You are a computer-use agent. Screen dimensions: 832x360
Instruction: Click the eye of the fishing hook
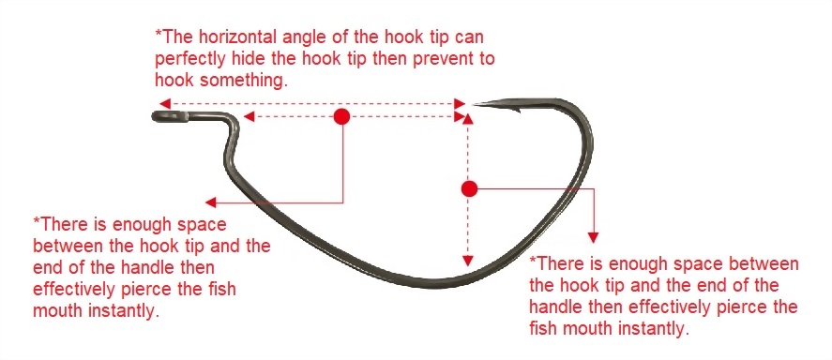pos(170,116)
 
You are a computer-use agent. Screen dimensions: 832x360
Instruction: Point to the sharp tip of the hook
pos(474,104)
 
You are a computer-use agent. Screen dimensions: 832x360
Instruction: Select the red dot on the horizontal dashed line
pos(341,116)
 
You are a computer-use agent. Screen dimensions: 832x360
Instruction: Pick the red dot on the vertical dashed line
pos(469,188)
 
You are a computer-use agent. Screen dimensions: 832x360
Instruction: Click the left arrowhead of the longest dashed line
pos(164,103)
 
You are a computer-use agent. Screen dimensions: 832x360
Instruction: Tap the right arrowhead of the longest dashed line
pos(460,103)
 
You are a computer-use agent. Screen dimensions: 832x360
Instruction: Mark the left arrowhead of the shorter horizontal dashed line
pos(249,116)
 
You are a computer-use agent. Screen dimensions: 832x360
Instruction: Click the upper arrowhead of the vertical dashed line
pos(467,119)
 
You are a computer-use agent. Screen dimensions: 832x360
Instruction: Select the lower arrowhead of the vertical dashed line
pos(467,261)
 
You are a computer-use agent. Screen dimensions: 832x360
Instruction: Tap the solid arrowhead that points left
pos(211,202)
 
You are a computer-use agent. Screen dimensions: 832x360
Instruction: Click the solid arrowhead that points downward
pos(593,237)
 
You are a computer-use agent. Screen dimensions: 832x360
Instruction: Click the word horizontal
pos(236,37)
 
